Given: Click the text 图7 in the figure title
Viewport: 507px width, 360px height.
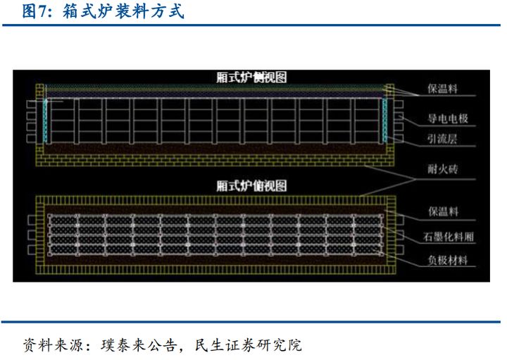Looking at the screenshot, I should click(x=35, y=13).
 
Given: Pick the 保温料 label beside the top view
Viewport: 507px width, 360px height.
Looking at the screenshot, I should click(x=444, y=211).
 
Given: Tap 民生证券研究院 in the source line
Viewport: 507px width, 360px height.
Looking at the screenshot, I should click(x=250, y=345).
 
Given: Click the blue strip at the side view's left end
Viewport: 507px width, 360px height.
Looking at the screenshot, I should click(x=44, y=120).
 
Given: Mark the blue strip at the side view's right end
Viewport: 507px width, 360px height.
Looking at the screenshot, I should click(x=386, y=120).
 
